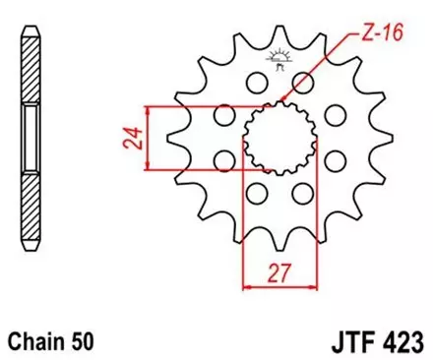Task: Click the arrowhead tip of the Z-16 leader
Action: pyautogui.click(x=283, y=101)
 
